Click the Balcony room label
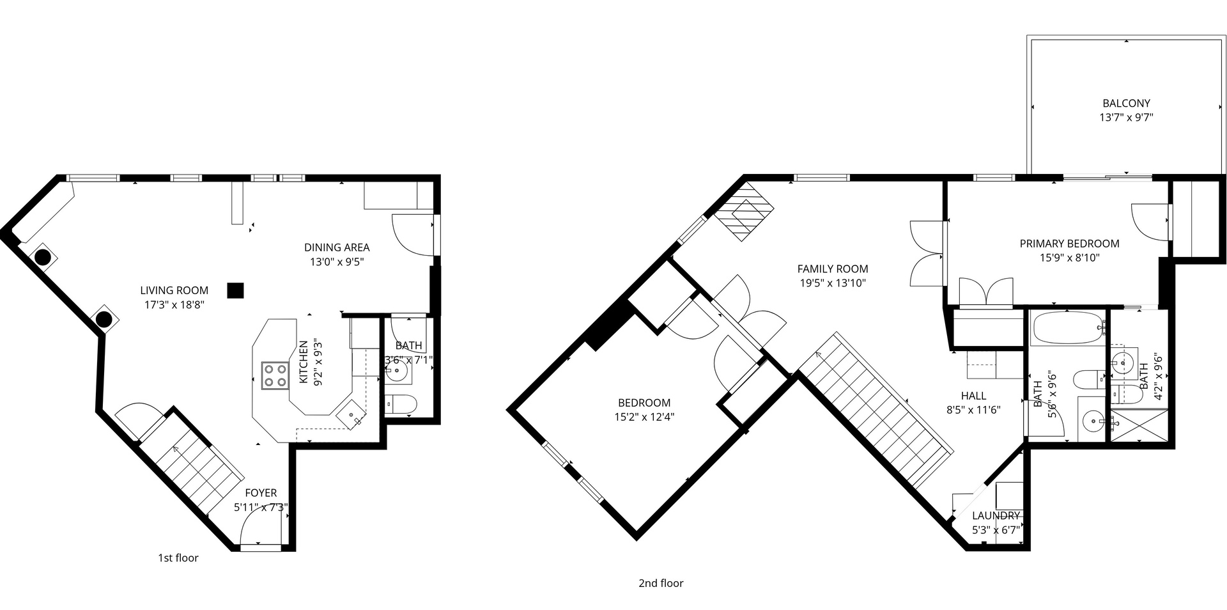tap(1126, 103)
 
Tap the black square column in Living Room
tap(235, 290)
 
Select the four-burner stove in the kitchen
tap(275, 375)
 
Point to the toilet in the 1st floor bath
tap(401, 403)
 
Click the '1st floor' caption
tap(178, 558)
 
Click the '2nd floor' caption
tap(661, 583)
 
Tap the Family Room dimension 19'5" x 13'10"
tap(832, 283)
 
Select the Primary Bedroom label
tap(1069, 244)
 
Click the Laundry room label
tap(996, 516)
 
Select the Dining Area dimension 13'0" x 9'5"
tap(337, 262)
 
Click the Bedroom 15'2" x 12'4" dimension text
tap(644, 417)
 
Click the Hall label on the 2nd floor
tap(973, 396)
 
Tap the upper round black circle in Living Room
tap(42, 257)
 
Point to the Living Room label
tap(174, 290)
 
